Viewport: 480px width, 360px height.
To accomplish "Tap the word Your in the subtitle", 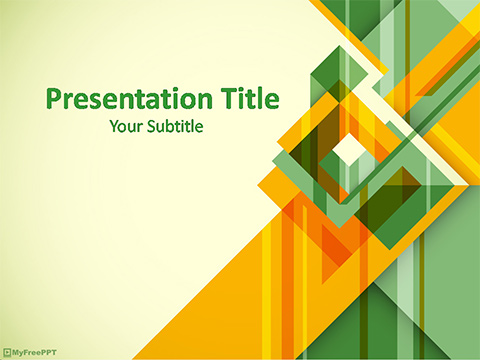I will tap(124, 127).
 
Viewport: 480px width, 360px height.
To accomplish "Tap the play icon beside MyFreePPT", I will tap(7, 352).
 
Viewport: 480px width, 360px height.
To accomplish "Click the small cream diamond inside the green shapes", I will tap(349, 150).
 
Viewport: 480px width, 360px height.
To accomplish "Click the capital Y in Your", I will tap(112, 127).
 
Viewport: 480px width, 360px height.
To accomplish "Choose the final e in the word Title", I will tap(272, 102).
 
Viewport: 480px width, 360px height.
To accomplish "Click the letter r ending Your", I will tap(138, 128).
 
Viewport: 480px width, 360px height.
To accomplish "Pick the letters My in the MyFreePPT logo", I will tap(16, 352).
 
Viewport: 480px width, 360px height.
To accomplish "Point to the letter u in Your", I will tap(130, 128).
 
